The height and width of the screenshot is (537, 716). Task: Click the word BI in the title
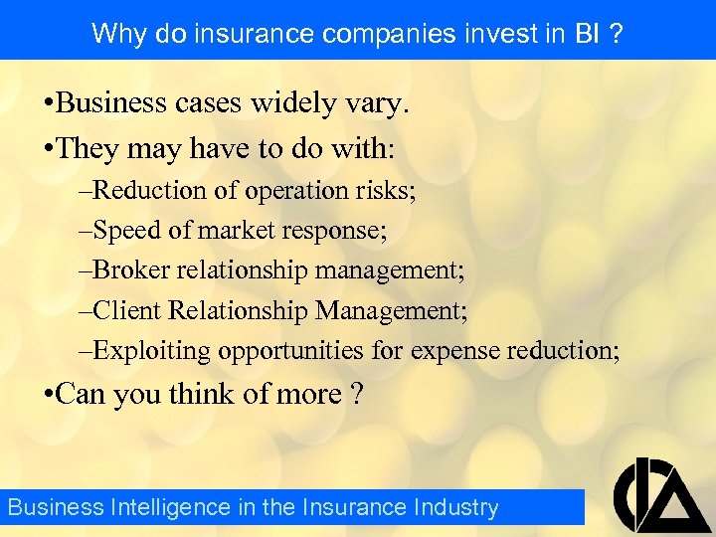pos(587,34)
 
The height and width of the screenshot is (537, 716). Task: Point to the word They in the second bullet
pos(87,148)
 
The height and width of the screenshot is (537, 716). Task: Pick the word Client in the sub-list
pos(124,309)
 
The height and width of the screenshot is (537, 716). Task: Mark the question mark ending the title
pos(618,34)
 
